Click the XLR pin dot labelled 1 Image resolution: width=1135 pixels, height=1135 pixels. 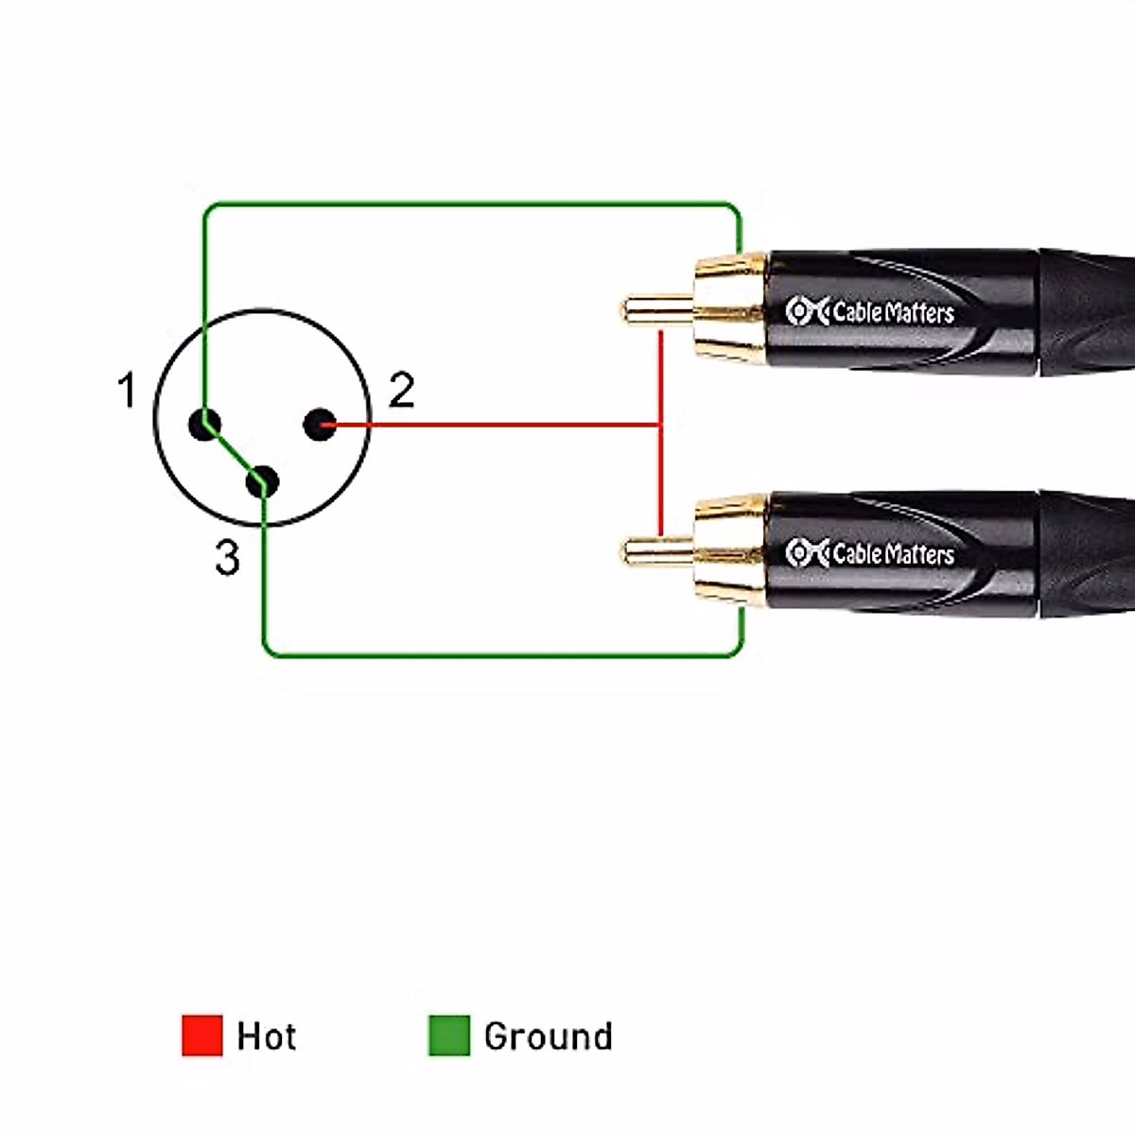click(204, 425)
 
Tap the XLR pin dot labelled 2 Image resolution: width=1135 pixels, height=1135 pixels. click(320, 425)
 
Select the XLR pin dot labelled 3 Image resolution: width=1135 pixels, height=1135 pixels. click(262, 482)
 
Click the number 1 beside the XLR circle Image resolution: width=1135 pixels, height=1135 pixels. click(127, 391)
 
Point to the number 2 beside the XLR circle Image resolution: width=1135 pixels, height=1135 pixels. click(401, 391)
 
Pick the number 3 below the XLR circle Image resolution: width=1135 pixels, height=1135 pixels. click(227, 558)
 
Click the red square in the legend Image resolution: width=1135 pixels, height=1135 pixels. click(201, 1036)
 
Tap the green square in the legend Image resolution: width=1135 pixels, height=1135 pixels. click(448, 1036)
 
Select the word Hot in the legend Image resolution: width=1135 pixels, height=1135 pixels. click(267, 1037)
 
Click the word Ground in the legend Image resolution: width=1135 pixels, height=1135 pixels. click(548, 1037)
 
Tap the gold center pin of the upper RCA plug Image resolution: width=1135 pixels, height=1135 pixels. click(655, 309)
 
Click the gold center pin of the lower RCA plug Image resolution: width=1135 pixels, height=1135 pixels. click(655, 550)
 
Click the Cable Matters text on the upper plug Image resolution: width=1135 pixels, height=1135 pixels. click(893, 312)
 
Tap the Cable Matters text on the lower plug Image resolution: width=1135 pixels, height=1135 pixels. click(893, 552)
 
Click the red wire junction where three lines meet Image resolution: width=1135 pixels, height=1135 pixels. click(660, 425)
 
